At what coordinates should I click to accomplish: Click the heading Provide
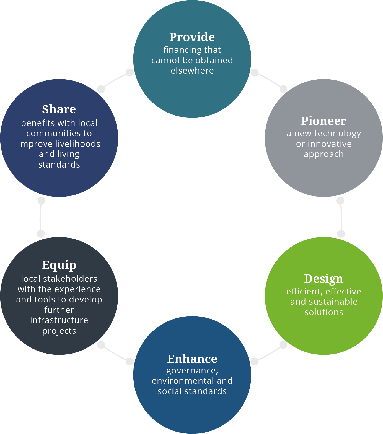pos(192,37)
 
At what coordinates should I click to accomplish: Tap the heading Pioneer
pos(324,121)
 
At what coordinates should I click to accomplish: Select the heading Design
pos(324,279)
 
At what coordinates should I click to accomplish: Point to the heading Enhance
pos(192,359)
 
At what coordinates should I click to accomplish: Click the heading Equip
pos(59,265)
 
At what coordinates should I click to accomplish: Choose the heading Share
pos(59,109)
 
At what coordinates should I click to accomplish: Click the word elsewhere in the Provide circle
pos(192,71)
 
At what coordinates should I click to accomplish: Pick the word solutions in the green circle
pos(324,312)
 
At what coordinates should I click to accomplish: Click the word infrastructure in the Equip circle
pos(59,320)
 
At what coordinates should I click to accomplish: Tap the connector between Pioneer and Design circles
pos(341,217)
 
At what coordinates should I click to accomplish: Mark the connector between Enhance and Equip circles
pos(115,353)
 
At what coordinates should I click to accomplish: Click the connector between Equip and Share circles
pos(41,217)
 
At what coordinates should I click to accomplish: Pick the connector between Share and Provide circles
pos(115,80)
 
